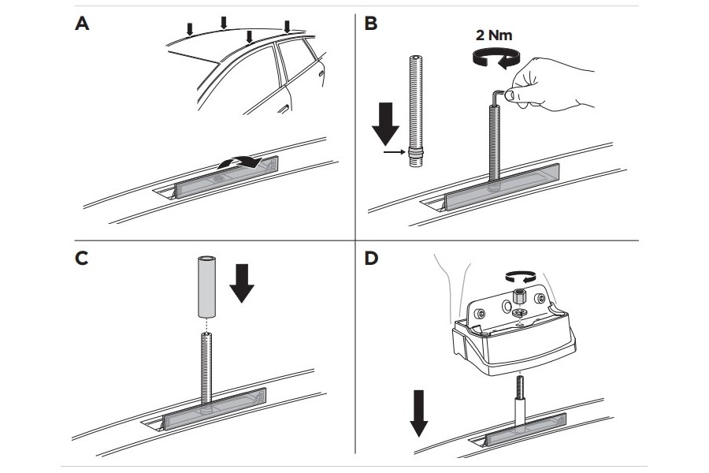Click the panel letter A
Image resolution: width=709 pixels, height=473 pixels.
click(83, 24)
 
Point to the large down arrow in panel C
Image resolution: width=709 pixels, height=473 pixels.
click(242, 283)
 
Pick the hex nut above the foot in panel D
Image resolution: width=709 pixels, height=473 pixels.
click(519, 298)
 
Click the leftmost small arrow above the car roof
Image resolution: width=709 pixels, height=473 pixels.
click(189, 30)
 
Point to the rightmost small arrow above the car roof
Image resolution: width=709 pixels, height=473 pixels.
click(287, 25)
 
